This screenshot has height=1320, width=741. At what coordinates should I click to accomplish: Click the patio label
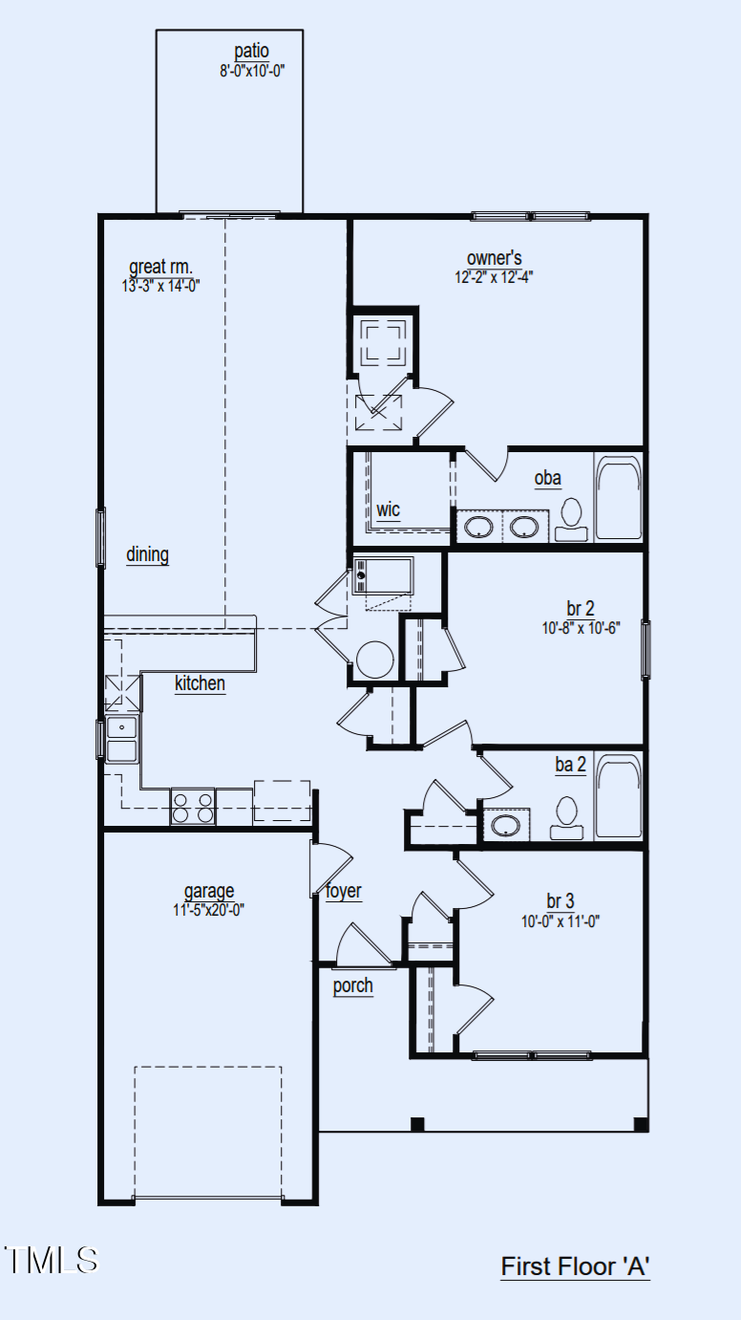tap(251, 52)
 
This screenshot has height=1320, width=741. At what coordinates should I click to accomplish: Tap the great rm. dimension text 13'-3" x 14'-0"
tap(160, 286)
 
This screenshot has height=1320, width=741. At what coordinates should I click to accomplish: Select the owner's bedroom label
tap(495, 258)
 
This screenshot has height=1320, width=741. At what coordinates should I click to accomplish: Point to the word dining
tap(148, 554)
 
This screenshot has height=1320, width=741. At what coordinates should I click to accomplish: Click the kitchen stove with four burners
tap(193, 807)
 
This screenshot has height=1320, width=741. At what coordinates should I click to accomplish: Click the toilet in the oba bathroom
tap(571, 520)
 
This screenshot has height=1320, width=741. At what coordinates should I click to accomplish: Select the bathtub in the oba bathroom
tap(618, 497)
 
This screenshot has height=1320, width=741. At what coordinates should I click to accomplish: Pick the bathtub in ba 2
tap(618, 795)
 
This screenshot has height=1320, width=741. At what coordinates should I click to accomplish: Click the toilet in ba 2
tap(567, 818)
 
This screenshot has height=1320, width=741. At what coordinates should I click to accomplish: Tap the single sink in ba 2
tap(506, 825)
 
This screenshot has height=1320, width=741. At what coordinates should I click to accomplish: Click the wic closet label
tap(388, 509)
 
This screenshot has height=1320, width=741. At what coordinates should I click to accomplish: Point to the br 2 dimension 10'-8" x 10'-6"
tap(581, 628)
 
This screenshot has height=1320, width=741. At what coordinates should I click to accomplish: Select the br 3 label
tap(561, 901)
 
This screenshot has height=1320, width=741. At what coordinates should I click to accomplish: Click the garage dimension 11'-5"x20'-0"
tap(208, 910)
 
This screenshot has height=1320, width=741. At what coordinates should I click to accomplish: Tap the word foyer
tap(344, 891)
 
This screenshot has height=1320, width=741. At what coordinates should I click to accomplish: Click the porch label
tap(352, 985)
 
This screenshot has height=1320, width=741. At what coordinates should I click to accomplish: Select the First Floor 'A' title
tap(575, 1266)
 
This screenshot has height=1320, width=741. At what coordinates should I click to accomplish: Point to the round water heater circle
tap(375, 660)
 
